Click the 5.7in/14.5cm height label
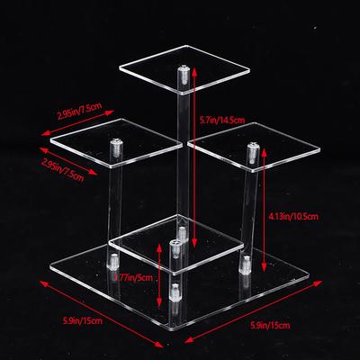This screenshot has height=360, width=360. [222, 120]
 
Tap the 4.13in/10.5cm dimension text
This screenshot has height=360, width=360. [293, 216]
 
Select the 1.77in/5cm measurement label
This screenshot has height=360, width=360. [133, 277]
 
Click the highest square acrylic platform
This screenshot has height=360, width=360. [184, 69]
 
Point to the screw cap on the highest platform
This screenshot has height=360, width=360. [184, 74]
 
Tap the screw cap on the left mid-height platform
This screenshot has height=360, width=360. [116, 147]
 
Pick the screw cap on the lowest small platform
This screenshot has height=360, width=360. [175, 247]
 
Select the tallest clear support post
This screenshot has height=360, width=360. [183, 156]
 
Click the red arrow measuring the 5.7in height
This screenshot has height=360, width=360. [194, 157]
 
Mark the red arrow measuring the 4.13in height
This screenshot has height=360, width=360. [264, 210]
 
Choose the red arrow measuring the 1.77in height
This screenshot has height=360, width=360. [159, 275]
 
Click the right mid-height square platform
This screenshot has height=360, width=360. [254, 147]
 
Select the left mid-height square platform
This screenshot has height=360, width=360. [116, 143]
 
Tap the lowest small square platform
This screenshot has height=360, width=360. [176, 244]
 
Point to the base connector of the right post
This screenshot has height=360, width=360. [245, 265]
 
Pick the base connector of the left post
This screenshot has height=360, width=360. [113, 262]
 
